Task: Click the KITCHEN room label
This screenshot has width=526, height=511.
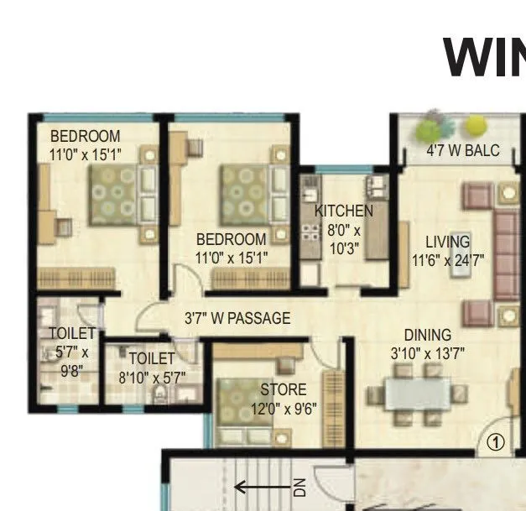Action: tap(344, 211)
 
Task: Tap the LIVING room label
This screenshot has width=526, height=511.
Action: tap(447, 242)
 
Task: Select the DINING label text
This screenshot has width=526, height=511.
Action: tap(428, 335)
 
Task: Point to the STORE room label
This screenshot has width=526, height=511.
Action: tap(283, 389)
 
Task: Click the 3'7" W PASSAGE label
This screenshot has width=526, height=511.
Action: tap(237, 318)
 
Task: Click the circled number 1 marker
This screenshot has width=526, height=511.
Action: tap(496, 441)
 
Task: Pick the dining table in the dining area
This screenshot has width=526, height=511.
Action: tap(417, 394)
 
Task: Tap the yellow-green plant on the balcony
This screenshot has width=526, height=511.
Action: tap(477, 126)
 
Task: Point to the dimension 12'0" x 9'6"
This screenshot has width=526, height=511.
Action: tap(284, 409)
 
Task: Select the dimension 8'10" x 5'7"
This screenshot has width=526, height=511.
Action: tap(152, 378)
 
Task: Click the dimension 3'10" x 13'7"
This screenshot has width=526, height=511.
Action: tap(428, 353)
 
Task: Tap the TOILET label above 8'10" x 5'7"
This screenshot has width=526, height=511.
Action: tap(151, 359)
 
